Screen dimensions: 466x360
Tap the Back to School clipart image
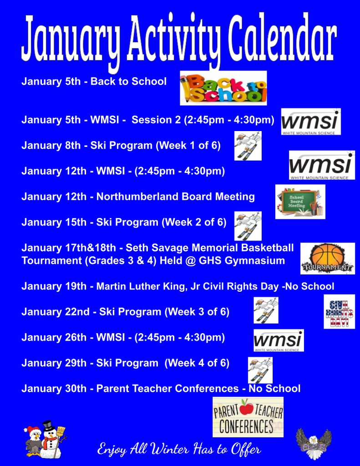tap(223, 88)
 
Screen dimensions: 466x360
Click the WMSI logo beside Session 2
tap(310, 122)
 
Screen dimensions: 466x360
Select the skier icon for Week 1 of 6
tap(248, 146)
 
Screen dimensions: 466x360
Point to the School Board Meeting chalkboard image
tap(300, 202)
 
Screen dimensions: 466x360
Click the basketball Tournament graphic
tap(327, 258)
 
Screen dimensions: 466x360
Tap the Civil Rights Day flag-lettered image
tap(339, 311)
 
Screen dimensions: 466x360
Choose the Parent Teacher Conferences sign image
tap(248, 417)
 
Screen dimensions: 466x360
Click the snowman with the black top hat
tap(51, 439)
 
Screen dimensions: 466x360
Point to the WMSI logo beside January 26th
tap(278, 340)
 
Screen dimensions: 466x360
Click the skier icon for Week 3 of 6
tap(266, 310)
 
